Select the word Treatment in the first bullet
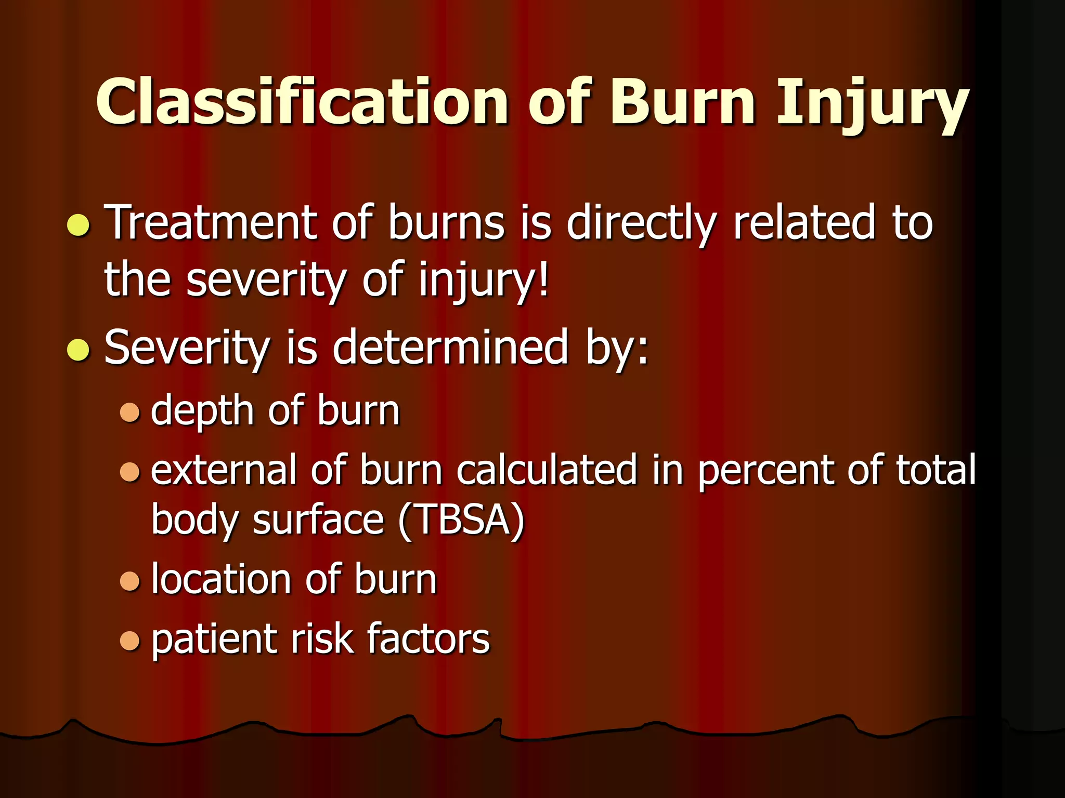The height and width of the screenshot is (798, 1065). pos(211,223)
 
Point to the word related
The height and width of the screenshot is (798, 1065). pos(804,223)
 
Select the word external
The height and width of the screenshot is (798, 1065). pos(223,470)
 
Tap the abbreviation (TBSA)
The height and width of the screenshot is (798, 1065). pos(461,520)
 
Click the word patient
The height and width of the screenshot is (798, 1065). pos(214,639)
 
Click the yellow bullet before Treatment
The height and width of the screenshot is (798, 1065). pos(79,224)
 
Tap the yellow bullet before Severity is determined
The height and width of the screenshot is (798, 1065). pos(79,349)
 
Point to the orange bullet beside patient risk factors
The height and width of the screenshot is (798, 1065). pos(130,640)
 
